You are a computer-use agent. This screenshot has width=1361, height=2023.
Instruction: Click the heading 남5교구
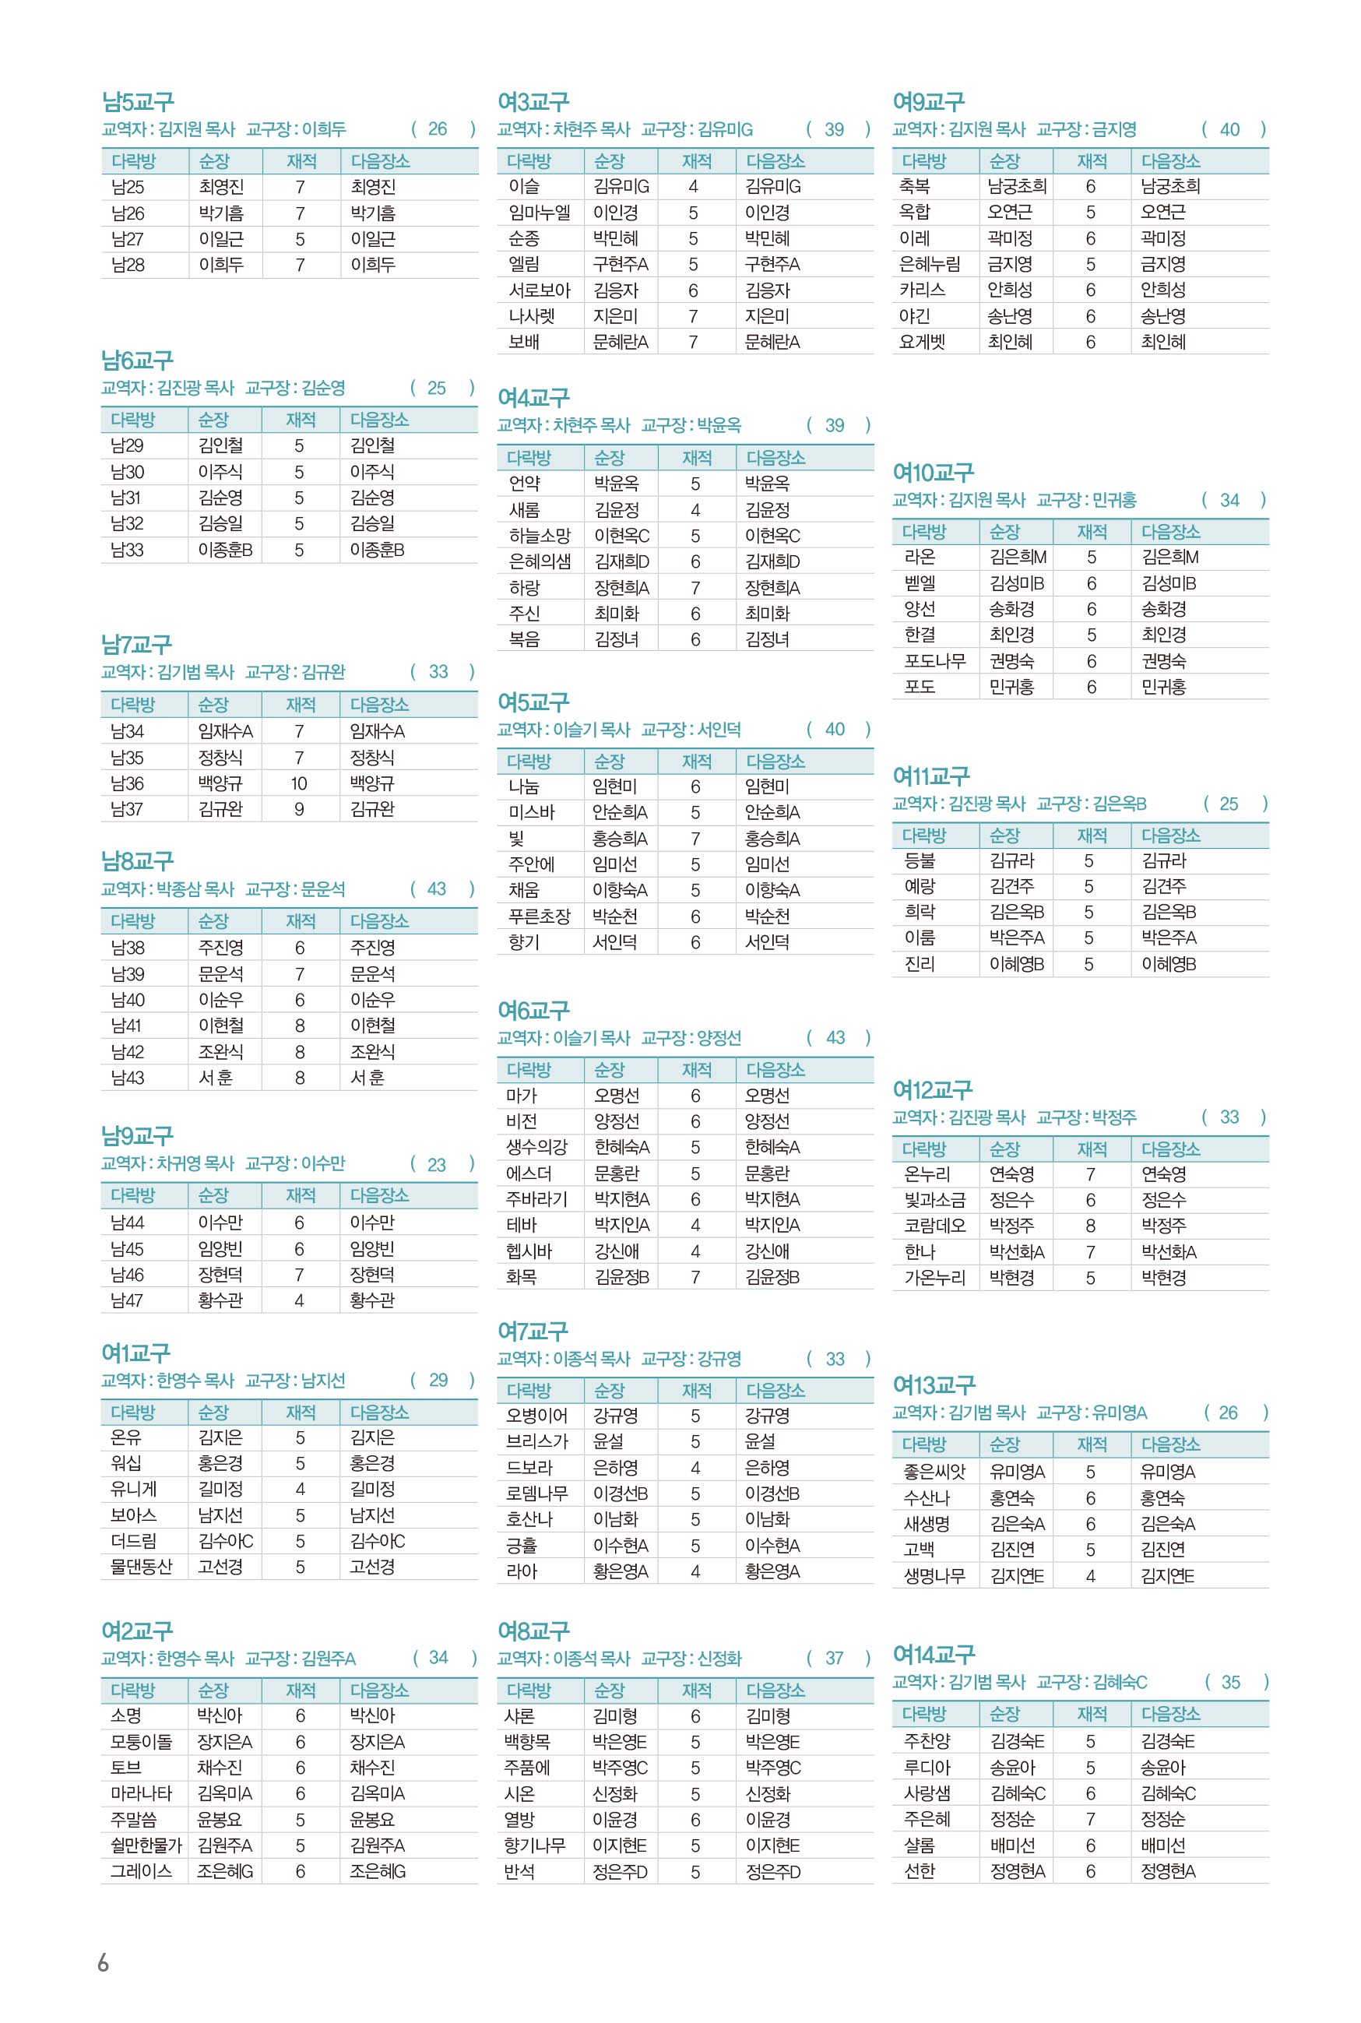click(x=137, y=103)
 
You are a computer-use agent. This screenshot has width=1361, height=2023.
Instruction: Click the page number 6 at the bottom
click(x=104, y=1963)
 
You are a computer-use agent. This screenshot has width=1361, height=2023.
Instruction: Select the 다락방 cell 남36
click(x=128, y=783)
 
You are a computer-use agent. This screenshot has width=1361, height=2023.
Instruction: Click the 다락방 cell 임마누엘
click(x=539, y=213)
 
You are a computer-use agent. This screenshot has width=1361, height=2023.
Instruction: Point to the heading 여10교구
click(x=933, y=473)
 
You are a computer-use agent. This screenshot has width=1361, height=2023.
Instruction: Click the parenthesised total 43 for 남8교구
click(x=437, y=888)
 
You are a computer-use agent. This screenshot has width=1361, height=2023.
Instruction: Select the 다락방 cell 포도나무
click(x=935, y=661)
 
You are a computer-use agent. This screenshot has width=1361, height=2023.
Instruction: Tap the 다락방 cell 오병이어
click(x=536, y=1416)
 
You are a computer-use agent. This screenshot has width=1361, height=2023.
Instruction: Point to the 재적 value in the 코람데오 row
click(x=1090, y=1226)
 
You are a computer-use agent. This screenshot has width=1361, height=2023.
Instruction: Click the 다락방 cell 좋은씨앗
click(x=934, y=1472)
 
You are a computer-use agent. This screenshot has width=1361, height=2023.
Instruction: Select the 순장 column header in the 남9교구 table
click(x=213, y=1195)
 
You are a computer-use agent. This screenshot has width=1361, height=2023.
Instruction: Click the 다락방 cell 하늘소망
click(x=539, y=537)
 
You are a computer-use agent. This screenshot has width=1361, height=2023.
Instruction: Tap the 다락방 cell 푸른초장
click(x=539, y=917)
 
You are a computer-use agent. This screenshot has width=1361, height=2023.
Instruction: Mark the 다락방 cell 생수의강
click(x=536, y=1147)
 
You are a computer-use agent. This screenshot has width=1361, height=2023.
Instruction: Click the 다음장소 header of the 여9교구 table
click(x=1170, y=161)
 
